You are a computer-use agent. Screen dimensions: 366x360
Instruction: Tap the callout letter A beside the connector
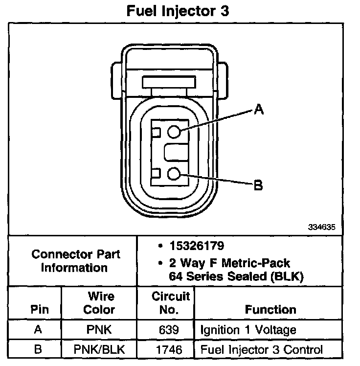(x=259, y=111)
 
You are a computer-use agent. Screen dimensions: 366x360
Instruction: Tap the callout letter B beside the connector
(x=258, y=185)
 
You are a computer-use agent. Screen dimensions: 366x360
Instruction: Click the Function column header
(x=270, y=309)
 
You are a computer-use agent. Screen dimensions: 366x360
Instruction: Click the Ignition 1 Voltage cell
(x=248, y=330)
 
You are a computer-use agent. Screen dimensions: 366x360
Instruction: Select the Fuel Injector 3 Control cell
(x=261, y=350)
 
